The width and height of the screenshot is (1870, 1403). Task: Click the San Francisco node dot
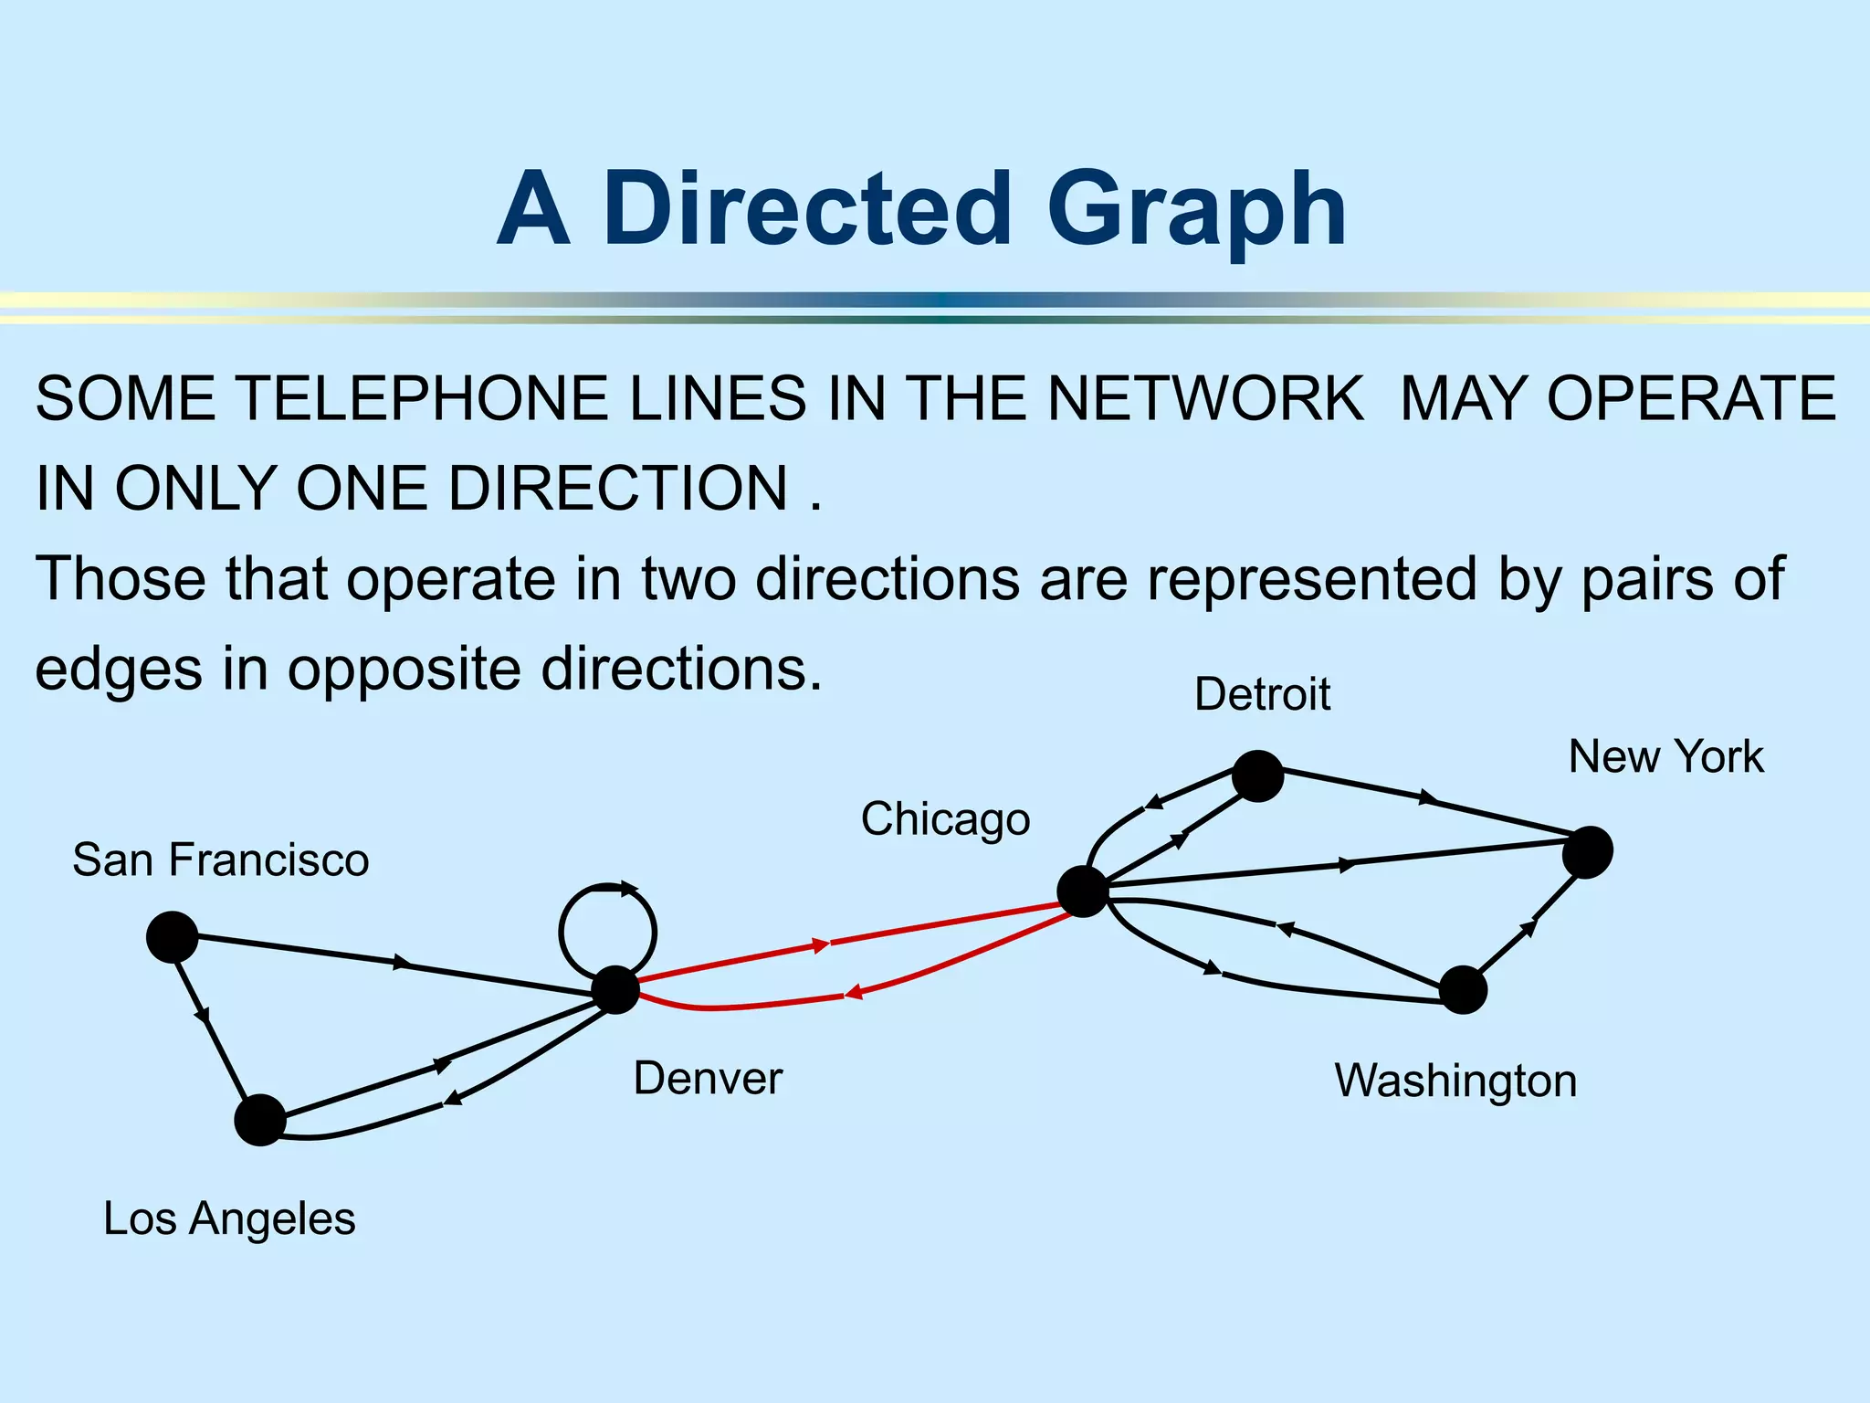[x=173, y=937]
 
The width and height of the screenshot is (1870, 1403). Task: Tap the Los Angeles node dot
[x=260, y=1120]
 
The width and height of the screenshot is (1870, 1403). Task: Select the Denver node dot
[x=616, y=990]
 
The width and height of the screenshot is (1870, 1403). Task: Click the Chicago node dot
[x=1083, y=891]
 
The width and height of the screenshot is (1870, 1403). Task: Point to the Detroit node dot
[x=1258, y=776]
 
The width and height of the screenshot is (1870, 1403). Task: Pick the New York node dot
[x=1588, y=852]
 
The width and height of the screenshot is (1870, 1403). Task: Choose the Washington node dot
[x=1463, y=990]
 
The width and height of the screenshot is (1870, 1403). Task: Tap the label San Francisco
[x=221, y=860]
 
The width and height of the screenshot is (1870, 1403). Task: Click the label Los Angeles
[x=229, y=1218]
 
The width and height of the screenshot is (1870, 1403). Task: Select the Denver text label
[x=708, y=1079]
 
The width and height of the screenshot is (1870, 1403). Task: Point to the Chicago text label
[x=945, y=819]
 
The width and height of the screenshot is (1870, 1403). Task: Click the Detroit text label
[x=1262, y=694]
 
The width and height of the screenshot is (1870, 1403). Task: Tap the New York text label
[x=1665, y=757]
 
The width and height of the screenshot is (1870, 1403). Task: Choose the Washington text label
[x=1455, y=1081]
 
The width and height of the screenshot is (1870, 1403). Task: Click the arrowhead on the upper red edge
[x=821, y=945]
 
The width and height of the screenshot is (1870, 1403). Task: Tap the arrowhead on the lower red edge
[x=854, y=993]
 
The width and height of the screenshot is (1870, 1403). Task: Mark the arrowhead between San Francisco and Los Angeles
[x=203, y=1014]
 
